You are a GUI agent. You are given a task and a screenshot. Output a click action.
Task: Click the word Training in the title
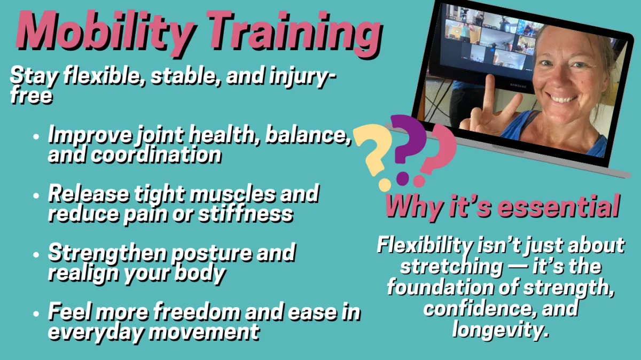(x=295, y=34)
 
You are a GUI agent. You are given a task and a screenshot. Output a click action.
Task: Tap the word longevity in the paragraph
(x=501, y=330)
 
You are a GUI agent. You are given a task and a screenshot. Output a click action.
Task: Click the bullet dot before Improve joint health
(x=36, y=136)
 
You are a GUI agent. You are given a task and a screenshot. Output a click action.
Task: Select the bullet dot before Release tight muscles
(x=36, y=195)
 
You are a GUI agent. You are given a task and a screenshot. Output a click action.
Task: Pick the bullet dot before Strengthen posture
(x=36, y=255)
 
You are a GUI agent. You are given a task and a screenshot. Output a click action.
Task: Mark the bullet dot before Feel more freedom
(x=36, y=314)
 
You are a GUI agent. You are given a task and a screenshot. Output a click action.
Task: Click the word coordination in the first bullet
(x=156, y=155)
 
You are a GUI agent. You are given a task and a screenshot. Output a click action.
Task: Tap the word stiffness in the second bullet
(x=246, y=214)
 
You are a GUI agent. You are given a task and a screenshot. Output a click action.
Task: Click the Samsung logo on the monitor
(x=518, y=85)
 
